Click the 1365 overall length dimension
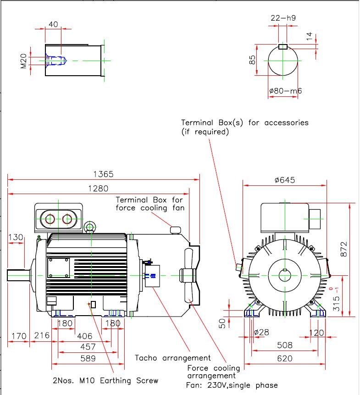pos(103,174)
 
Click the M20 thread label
pos(24,61)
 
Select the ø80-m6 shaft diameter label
pos(285,91)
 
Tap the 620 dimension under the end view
pos(285,359)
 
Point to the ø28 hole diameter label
pos(261,332)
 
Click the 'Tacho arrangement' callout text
pos(172,358)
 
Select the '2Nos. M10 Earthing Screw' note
pos(105,381)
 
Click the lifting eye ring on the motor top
pos(90,227)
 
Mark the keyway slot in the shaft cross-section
pos(283,46)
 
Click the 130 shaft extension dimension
pos(16,237)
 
